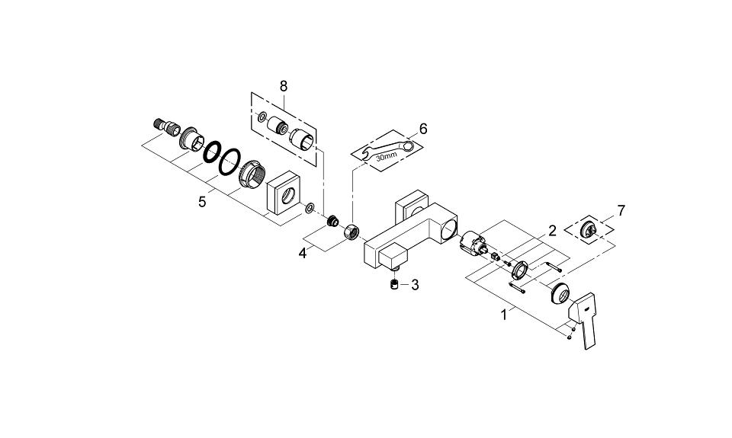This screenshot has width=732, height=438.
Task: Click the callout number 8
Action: pos(284,86)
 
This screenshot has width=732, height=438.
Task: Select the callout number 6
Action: pos(423,128)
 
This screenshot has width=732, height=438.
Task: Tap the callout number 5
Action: pos(202,202)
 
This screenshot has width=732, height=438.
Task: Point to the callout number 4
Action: pos(303,254)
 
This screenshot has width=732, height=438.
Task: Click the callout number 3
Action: pos(415,285)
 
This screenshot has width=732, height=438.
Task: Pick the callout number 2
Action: pos(552,231)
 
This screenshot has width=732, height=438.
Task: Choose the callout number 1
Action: pos(504,315)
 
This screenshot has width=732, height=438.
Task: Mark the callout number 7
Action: pos(621,210)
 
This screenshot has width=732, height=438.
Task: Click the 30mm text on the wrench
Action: pos(386,155)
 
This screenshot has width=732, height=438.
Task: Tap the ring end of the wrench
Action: pos(409,146)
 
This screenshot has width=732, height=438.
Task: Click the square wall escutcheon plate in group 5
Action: pos(283,192)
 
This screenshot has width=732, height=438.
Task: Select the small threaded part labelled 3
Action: pos(394,284)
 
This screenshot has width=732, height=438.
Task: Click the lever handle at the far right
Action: pos(583,320)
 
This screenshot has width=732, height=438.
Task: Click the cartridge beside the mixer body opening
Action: pos(473,243)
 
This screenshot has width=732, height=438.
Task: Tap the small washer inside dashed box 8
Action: pos(262,116)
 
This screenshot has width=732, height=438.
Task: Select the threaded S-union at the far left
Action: pos(167,126)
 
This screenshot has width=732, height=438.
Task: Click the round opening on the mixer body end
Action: pos(450,230)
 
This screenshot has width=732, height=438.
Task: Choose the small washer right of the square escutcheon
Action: pos(309,207)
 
